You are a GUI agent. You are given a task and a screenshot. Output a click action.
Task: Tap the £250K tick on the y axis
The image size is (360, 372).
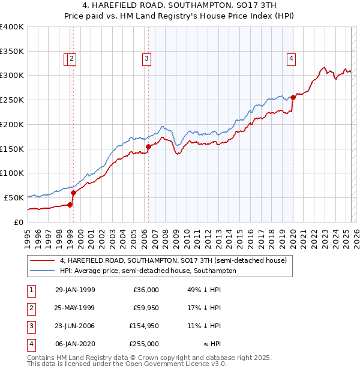[12, 100]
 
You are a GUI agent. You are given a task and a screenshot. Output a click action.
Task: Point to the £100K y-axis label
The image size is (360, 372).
[12, 173]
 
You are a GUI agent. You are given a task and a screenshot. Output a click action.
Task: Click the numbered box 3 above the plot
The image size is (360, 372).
[146, 58]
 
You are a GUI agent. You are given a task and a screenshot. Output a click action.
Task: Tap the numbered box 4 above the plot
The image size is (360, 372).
[290, 58]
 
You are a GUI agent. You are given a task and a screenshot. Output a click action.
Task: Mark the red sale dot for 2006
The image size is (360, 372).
[148, 146]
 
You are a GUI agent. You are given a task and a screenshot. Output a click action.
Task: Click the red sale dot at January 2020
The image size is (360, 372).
[293, 97]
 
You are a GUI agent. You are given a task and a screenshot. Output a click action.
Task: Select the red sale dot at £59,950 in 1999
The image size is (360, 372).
[74, 193]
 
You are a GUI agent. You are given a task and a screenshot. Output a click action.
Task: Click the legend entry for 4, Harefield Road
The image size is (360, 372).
[173, 260]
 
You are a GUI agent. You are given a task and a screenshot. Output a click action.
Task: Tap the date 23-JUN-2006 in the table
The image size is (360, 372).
[75, 326]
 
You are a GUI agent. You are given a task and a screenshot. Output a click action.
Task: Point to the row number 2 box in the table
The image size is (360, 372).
[31, 308]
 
